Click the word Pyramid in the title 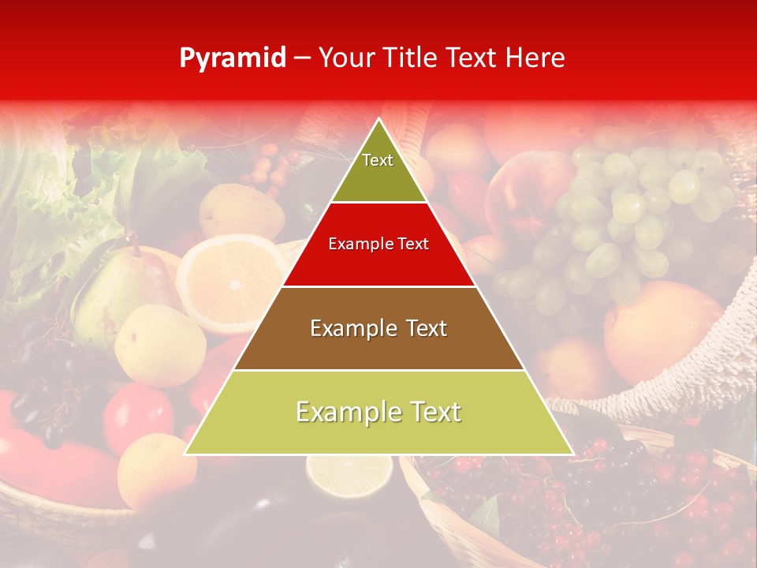pos(233,58)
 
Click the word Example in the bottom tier pos(348,412)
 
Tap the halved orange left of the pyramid pos(229,280)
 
